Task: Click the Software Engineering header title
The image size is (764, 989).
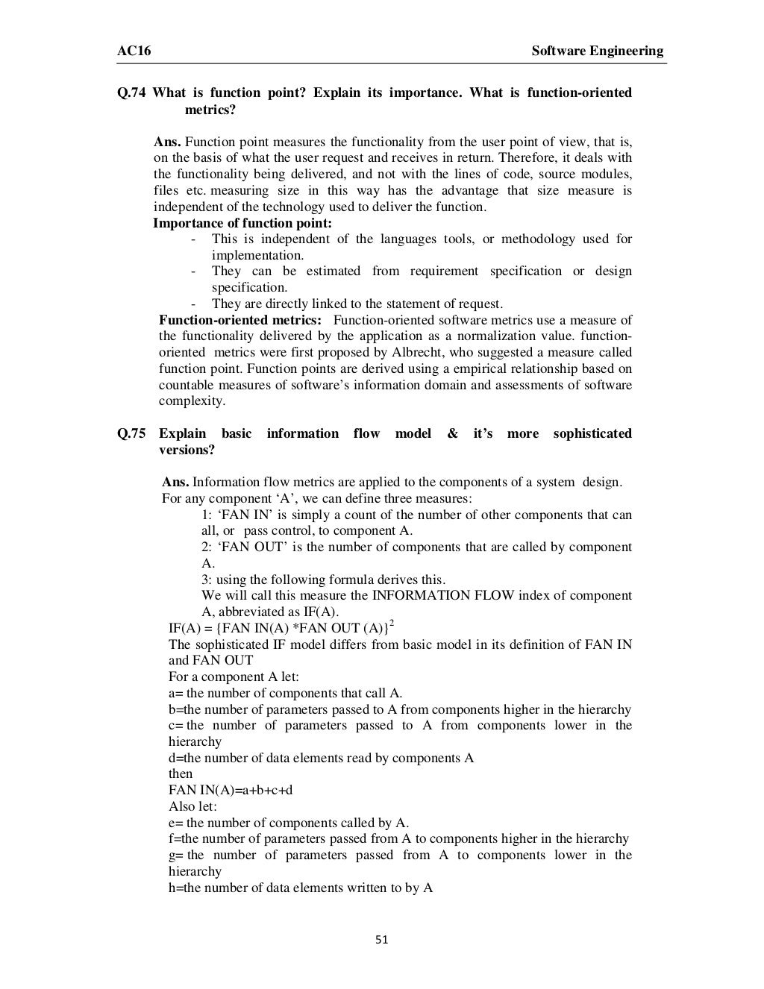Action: tap(597, 51)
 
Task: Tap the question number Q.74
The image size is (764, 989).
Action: tap(131, 93)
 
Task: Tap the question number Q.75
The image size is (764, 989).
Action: tap(131, 434)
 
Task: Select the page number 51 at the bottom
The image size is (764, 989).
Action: tap(382, 940)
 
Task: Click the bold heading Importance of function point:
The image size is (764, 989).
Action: tap(242, 223)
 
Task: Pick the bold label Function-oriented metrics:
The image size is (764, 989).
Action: tap(240, 320)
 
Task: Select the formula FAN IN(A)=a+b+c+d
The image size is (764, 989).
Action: tap(231, 790)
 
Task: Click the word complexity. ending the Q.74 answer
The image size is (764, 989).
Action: tap(191, 401)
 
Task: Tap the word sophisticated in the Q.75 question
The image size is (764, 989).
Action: tap(592, 434)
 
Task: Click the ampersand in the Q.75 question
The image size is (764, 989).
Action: tap(452, 434)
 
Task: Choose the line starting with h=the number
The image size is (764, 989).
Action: tap(301, 888)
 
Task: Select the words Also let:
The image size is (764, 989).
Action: tap(192, 806)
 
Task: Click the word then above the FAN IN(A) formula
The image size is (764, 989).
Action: tap(181, 773)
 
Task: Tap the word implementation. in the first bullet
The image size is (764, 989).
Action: tap(257, 255)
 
